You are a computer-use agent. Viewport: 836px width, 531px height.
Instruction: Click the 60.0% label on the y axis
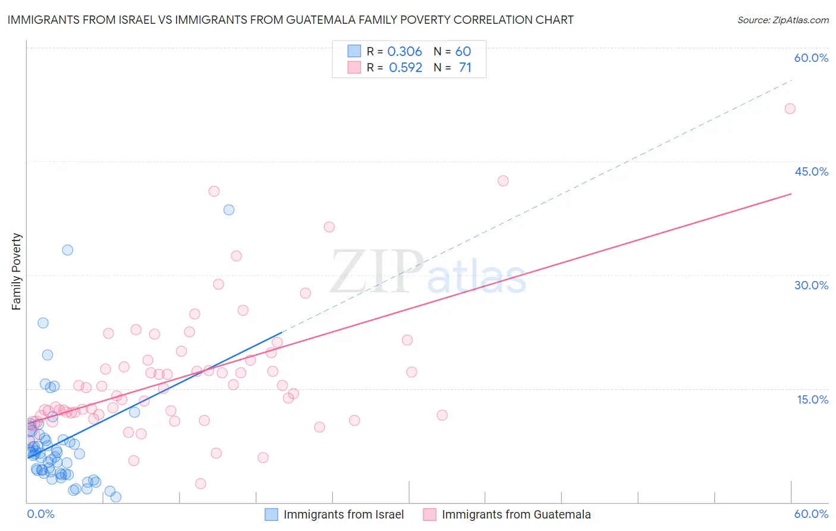click(811, 58)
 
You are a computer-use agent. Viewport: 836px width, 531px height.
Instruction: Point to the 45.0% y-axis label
click(811, 171)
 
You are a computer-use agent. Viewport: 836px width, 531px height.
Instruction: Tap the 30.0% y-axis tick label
click(811, 285)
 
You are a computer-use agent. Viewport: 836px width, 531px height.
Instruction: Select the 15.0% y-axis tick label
click(812, 399)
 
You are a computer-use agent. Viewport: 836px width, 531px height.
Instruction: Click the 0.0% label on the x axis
click(40, 514)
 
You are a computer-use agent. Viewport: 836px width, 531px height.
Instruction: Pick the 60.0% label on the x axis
click(811, 514)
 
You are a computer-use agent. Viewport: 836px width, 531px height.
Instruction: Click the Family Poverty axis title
click(17, 271)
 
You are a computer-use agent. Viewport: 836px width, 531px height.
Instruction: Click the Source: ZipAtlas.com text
click(782, 20)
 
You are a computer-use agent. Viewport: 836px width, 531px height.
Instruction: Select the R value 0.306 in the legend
click(404, 52)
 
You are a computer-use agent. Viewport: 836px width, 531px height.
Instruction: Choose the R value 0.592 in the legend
click(406, 68)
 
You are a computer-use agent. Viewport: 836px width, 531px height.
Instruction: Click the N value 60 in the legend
click(463, 52)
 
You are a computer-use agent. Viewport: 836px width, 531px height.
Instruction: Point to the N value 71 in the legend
click(465, 68)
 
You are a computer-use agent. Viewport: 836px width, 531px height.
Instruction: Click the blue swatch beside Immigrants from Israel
click(271, 515)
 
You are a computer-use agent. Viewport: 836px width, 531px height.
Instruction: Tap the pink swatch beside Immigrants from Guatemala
click(429, 515)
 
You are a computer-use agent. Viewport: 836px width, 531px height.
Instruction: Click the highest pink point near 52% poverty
click(790, 108)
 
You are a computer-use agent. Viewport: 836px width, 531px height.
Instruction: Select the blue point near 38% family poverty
click(228, 210)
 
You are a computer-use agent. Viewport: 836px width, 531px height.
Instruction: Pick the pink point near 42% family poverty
click(503, 181)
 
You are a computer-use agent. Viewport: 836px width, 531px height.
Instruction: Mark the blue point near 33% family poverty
click(68, 250)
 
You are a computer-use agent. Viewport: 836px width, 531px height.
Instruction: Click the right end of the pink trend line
click(791, 194)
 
